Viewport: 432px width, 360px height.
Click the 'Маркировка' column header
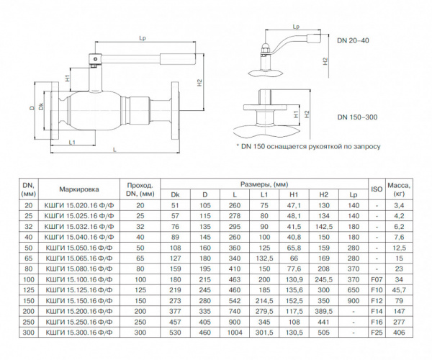point(79,189)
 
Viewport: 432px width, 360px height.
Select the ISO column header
point(377,189)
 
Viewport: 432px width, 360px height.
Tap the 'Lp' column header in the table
point(354,194)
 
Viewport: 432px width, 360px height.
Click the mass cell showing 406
point(399,333)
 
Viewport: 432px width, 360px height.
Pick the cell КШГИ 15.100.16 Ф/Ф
point(79,279)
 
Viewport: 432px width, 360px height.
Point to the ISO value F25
point(377,333)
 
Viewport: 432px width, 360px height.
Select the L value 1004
point(235,333)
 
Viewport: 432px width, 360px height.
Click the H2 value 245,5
point(324,279)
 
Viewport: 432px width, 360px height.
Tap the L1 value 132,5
point(264,258)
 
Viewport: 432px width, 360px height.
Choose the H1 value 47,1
point(294,205)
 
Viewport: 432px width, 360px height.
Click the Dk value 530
point(175,333)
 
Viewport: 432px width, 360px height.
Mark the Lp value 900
point(354,301)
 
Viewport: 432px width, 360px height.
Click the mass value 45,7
point(399,290)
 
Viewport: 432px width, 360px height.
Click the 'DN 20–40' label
point(354,40)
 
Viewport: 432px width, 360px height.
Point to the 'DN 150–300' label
point(357,117)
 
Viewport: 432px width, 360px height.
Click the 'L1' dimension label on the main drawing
point(72,143)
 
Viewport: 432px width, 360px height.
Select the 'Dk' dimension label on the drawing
point(41,107)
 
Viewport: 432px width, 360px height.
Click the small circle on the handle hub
point(95,58)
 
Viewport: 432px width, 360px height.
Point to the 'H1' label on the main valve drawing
point(68,78)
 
